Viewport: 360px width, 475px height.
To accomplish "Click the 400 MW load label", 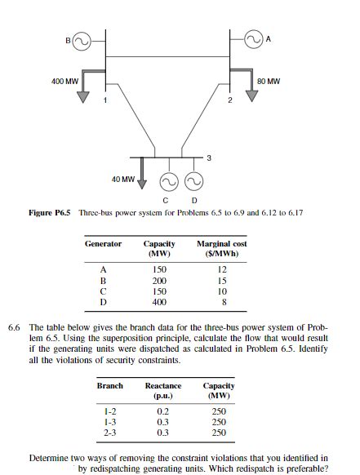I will click(64, 81).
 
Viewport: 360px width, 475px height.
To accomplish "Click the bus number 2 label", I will click(230, 101).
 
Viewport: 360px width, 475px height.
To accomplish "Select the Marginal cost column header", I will click(221, 248).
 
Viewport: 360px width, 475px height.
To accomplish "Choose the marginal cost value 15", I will click(221, 280).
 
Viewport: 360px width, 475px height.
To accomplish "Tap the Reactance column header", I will click(162, 390).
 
